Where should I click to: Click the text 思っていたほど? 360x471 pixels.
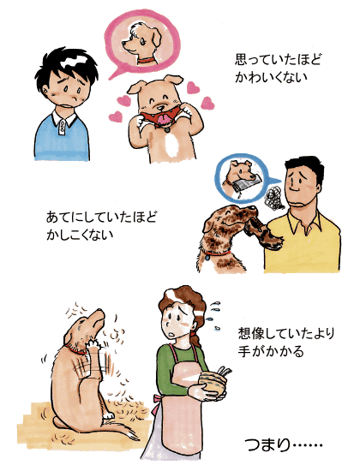tap(278, 60)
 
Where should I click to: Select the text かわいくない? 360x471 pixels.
tap(271, 77)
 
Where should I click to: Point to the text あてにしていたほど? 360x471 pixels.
tap(101, 217)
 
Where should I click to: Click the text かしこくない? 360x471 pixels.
tap(80, 235)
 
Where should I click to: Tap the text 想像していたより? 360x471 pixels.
tap(286, 333)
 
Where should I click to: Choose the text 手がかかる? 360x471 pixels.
tap(271, 351)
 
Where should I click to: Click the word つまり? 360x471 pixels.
tap(267, 444)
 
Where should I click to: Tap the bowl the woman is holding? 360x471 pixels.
tap(213, 381)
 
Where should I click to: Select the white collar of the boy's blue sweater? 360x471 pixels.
tap(63, 119)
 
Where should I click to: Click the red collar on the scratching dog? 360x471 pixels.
tap(75, 350)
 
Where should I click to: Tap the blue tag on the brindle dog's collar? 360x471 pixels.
tap(207, 257)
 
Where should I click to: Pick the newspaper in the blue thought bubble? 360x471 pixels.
tap(244, 183)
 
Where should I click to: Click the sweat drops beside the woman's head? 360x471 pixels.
tap(214, 316)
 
